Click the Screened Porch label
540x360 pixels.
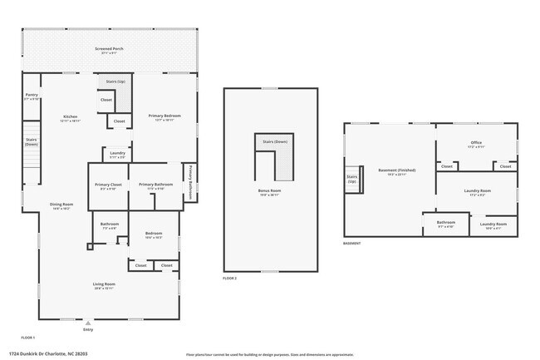(x=110, y=50)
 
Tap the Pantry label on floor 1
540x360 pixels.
(x=32, y=96)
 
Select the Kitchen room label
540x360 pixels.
(x=70, y=117)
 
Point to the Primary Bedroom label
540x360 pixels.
(x=164, y=116)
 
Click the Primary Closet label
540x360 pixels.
(x=108, y=185)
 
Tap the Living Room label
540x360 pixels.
(x=104, y=285)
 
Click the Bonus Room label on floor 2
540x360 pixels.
(x=269, y=191)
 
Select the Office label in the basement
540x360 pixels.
(x=477, y=143)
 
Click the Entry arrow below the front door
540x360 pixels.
(x=88, y=323)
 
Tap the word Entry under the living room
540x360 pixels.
(x=88, y=330)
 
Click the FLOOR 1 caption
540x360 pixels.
(x=27, y=338)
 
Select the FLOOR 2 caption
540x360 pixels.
(x=230, y=278)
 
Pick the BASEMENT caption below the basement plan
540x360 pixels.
(x=352, y=244)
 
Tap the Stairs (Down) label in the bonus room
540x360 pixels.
(x=275, y=141)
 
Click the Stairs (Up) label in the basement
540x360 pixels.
(x=352, y=179)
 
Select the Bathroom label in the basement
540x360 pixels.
(x=446, y=223)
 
